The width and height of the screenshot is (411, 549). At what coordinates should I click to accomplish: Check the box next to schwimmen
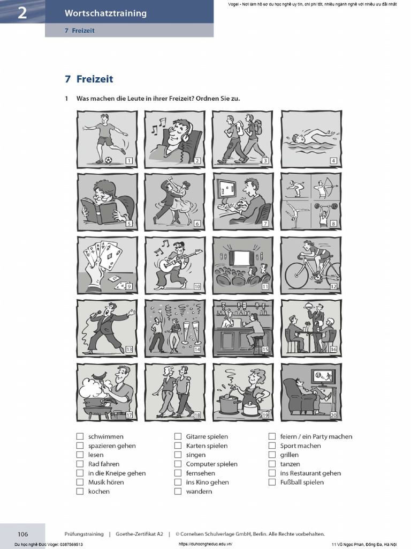(80, 436)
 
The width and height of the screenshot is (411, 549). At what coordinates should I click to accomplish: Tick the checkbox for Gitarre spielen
(178, 436)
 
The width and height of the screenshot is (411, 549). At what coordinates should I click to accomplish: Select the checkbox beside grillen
(272, 455)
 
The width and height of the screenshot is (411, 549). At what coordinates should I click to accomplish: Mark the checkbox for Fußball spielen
(272, 482)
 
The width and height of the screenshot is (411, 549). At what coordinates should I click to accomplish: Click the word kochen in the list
(99, 491)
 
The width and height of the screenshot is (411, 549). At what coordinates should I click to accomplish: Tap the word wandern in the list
(199, 491)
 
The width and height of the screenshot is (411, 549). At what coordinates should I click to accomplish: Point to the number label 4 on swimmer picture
(333, 160)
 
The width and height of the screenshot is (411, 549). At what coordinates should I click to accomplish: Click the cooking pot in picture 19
(229, 403)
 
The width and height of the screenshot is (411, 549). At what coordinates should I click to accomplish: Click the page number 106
(22, 534)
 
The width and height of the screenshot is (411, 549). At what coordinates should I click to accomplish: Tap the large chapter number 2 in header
(22, 13)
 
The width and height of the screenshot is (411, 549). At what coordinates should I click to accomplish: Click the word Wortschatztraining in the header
(105, 13)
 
